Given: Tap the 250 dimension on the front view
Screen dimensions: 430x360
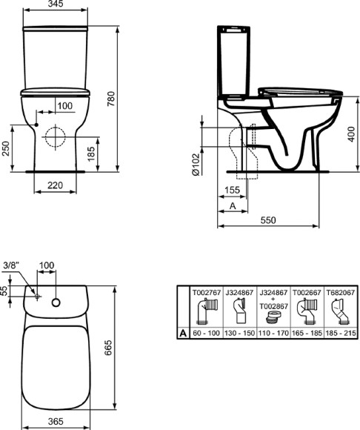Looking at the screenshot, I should (x=7, y=148).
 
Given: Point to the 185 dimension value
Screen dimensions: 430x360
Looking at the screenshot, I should (x=90, y=154).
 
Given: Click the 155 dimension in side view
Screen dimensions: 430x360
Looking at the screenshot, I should (x=231, y=190).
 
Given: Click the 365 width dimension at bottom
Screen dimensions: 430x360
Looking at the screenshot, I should (x=53, y=420).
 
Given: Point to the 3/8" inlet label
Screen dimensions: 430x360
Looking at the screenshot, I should (x=11, y=265).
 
